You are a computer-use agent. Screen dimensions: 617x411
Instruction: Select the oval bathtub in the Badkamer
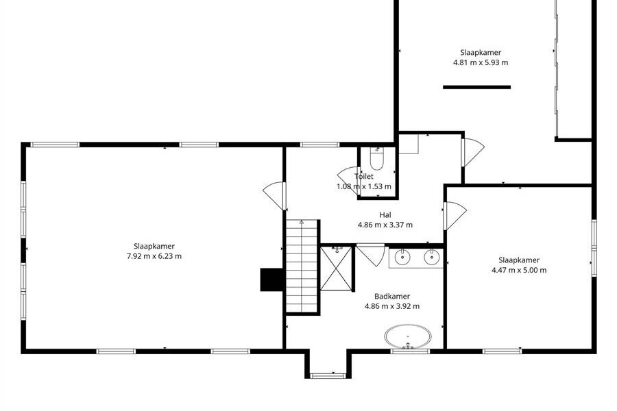(x=408, y=337)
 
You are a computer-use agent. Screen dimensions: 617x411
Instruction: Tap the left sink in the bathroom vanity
(x=402, y=258)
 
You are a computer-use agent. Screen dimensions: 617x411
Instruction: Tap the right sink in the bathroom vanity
(x=432, y=258)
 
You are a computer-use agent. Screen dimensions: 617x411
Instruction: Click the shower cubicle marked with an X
(x=336, y=269)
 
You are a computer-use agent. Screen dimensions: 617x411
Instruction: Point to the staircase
(x=302, y=266)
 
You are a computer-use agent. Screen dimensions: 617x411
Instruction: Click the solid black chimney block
(x=271, y=279)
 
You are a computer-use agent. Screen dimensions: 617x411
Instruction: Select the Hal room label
(x=385, y=214)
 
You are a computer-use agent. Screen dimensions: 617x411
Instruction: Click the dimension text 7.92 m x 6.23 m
(x=154, y=256)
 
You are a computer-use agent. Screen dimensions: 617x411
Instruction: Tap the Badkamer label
(x=392, y=296)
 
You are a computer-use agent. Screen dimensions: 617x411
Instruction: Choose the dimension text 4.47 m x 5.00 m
(x=519, y=270)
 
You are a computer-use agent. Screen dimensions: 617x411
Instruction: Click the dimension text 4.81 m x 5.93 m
(x=481, y=62)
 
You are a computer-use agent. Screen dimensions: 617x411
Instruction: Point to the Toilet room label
(x=364, y=176)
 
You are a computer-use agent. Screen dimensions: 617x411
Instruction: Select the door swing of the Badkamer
(x=371, y=255)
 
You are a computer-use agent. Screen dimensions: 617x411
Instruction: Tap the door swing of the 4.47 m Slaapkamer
(x=455, y=216)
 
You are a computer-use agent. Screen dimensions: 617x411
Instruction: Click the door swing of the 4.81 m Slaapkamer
(x=473, y=152)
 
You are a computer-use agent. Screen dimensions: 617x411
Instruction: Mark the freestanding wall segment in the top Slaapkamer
(x=477, y=87)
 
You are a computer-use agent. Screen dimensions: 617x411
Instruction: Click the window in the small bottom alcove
(x=328, y=376)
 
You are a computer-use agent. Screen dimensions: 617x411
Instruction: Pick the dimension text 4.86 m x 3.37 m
(x=385, y=225)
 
